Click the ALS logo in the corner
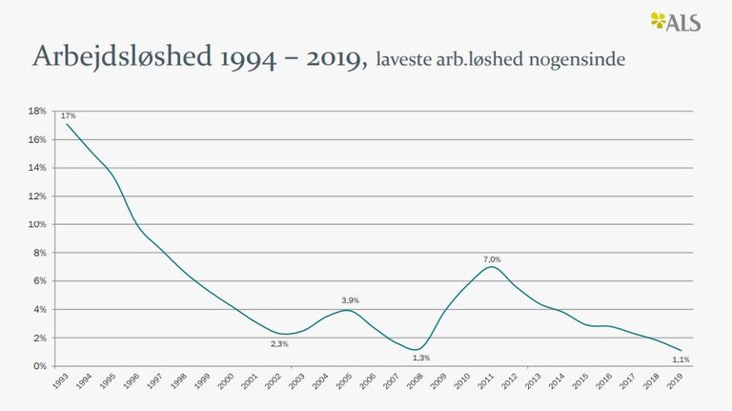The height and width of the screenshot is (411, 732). (x=676, y=21)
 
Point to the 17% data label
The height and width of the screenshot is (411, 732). (x=69, y=115)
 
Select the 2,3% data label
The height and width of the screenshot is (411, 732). (x=279, y=343)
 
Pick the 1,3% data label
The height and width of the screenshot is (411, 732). (x=420, y=358)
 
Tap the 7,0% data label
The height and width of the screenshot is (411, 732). (x=491, y=258)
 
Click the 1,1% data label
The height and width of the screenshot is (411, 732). (x=681, y=360)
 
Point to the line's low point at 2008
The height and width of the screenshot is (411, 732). (x=418, y=349)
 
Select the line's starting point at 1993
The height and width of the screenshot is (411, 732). (x=66, y=124)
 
